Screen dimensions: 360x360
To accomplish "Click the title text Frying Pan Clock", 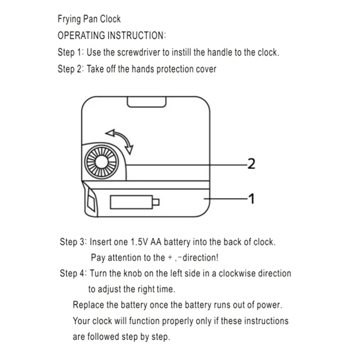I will click(89, 19).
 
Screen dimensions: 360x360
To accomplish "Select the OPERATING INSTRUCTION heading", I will click(112, 36).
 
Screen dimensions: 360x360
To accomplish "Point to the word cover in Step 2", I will click(206, 69).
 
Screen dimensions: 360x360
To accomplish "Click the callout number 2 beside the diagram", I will click(252, 164).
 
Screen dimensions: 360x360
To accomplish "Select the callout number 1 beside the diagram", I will click(252, 198).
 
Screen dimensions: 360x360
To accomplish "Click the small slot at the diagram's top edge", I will click(145, 103).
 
